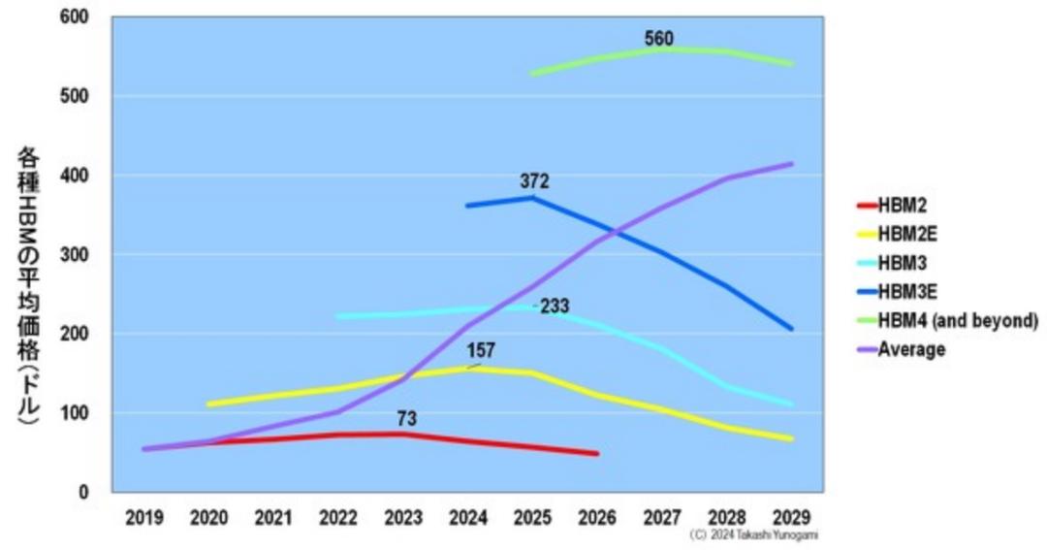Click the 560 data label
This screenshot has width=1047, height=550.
tap(658, 39)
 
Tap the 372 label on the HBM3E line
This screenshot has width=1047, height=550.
tap(534, 181)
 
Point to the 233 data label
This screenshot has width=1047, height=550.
tap(555, 307)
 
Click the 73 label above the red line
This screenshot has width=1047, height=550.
tap(407, 419)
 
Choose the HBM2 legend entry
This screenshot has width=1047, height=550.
tap(902, 206)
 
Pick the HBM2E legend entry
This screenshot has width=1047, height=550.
tap(907, 234)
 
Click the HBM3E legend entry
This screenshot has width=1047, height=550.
tap(907, 291)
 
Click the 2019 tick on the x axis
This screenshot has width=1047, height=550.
tap(144, 518)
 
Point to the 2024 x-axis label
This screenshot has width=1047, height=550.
tap(468, 518)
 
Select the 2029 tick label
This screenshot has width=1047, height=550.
tap(792, 518)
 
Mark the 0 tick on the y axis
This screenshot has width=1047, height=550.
tap(82, 493)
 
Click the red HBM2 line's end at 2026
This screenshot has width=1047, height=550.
tap(597, 453)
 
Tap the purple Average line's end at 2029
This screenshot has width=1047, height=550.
tap(792, 164)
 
